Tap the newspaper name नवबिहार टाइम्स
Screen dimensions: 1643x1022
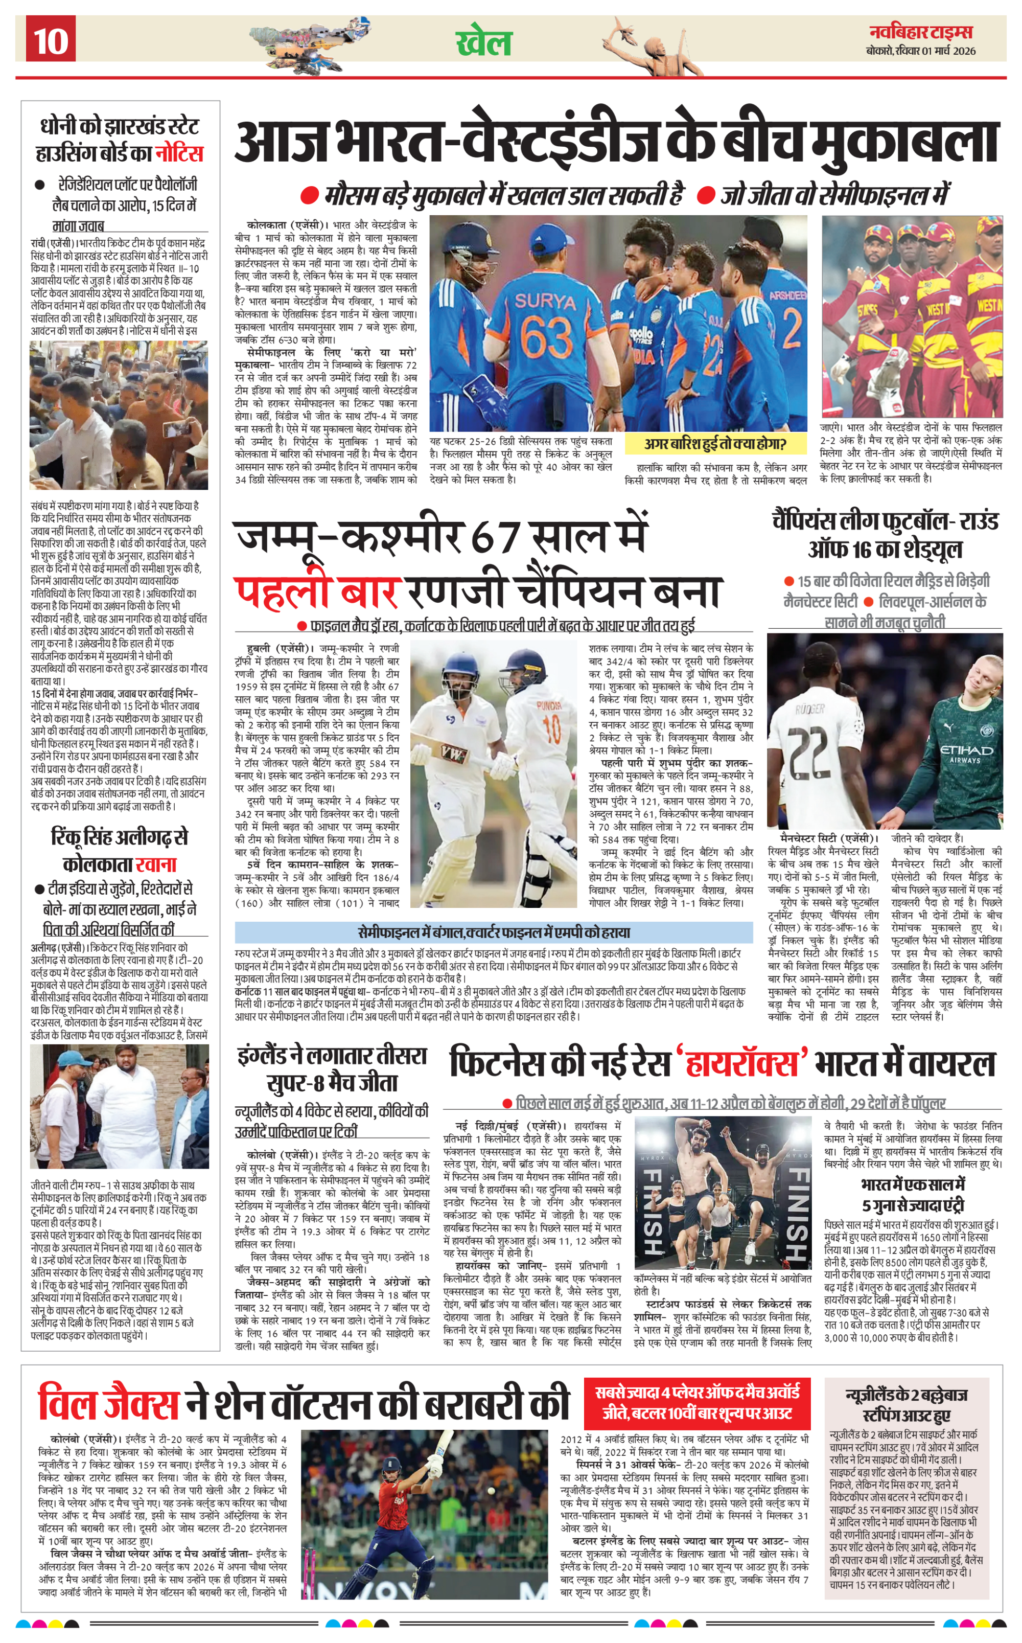[921, 32]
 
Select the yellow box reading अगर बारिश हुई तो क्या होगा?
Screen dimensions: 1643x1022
[715, 444]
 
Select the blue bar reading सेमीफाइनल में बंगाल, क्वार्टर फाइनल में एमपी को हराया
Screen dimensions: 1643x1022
[494, 932]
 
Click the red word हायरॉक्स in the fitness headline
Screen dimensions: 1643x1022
[742, 1064]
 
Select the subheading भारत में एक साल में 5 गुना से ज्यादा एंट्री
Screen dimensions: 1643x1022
[913, 1195]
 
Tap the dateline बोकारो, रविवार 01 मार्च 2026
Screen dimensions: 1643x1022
[921, 51]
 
